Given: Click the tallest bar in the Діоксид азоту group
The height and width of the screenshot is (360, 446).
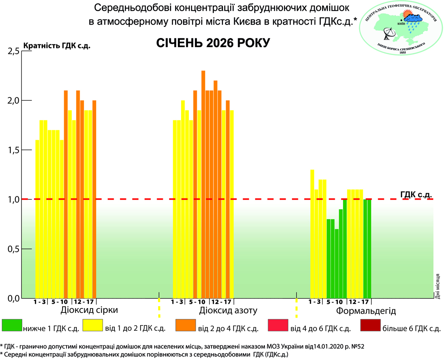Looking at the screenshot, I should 203,184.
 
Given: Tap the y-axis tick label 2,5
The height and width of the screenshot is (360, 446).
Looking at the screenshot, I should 13,51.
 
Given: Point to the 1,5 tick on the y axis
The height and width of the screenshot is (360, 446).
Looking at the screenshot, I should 13,150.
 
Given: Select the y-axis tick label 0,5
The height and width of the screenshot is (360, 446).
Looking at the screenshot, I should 13,249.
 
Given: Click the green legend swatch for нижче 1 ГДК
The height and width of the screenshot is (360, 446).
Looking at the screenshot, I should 11,325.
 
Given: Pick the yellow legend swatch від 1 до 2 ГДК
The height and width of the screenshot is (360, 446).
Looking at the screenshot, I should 92,325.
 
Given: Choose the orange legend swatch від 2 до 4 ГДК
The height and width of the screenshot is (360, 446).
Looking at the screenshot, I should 185,325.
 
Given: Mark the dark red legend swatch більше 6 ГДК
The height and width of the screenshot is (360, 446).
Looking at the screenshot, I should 370,325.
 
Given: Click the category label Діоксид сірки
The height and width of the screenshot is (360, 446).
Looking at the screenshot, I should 90,310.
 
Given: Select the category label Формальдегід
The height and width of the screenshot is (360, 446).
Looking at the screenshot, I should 366,311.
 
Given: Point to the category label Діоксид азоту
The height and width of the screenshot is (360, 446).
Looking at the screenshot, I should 229,310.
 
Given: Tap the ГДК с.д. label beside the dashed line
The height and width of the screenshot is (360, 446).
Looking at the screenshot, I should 416,194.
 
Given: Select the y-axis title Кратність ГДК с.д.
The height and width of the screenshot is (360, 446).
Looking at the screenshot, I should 57,46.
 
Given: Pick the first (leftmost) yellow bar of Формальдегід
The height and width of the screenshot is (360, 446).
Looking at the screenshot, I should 312,234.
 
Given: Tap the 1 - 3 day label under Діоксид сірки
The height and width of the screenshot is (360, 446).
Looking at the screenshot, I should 40,302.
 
